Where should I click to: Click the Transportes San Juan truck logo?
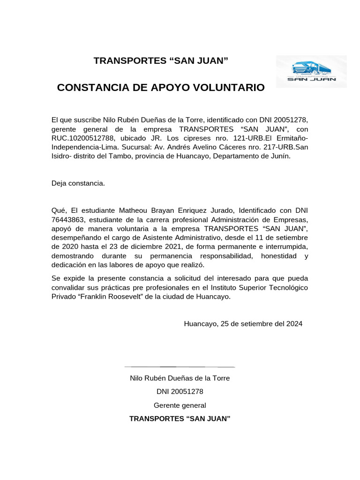311,71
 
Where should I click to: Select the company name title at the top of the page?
161,60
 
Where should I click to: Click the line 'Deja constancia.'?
78,183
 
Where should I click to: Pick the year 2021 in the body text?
175,247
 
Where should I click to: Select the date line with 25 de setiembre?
243,323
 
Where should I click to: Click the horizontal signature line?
180,367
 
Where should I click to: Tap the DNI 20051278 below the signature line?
180,391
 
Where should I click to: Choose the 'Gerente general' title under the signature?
180,405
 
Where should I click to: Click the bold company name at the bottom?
180,419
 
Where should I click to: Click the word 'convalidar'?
69,287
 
